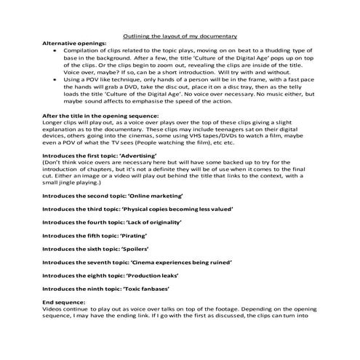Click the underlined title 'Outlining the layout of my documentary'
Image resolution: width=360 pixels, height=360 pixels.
pos(179,35)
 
